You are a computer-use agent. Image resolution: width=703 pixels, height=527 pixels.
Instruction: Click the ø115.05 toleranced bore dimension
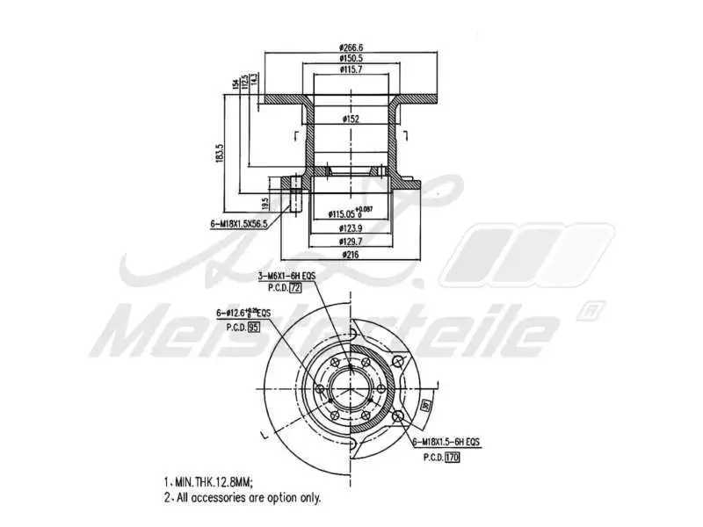[350, 213]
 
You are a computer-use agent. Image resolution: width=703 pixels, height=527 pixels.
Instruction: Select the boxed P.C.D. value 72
[295, 287]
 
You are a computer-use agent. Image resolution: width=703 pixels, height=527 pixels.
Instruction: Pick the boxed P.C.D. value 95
[254, 327]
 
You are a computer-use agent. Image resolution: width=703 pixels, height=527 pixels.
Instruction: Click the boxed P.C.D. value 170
[452, 458]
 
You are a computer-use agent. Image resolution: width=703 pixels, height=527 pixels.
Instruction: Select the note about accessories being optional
[242, 498]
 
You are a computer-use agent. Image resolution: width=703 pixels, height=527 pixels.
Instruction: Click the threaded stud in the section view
[296, 195]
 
